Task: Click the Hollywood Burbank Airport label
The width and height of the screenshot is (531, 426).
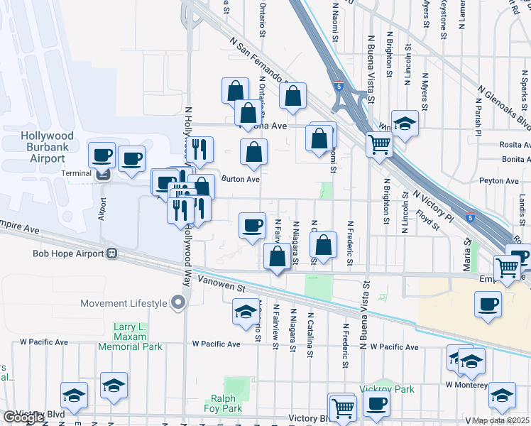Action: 47,146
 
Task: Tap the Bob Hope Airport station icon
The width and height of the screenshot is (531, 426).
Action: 111,253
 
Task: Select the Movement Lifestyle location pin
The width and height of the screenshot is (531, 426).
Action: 178,303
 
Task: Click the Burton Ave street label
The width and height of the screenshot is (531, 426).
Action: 241,180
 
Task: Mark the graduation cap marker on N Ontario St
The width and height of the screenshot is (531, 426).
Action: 246,312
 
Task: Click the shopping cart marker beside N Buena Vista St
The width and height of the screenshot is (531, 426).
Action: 380,144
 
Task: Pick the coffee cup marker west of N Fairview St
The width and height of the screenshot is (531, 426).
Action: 252,225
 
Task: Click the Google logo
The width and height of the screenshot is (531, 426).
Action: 23,417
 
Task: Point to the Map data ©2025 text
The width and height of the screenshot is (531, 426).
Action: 500,420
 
